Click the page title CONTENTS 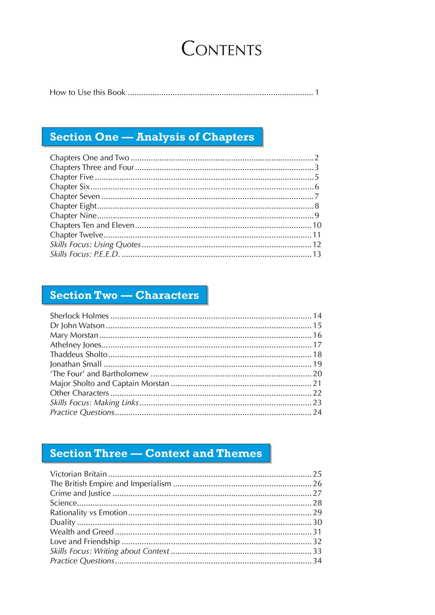tap(221, 49)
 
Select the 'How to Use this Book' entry tap(87, 92)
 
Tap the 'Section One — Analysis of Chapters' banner tap(152, 137)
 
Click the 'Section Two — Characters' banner tap(124, 295)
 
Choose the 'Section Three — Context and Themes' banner tap(156, 454)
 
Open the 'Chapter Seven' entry tap(75, 196)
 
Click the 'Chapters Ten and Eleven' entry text tap(92, 225)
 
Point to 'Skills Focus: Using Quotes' tap(96, 245)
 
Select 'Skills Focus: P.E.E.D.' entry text tap(85, 254)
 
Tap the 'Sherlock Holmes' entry tap(80, 316)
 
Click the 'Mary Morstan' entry tap(74, 335)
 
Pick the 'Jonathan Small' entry tap(76, 364)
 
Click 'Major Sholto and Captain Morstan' tap(110, 383)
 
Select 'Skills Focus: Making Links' tap(95, 402)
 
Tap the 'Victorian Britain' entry tap(79, 474)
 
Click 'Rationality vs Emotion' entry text tap(89, 512)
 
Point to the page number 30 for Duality tap(317, 522)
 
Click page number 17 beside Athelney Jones tap(317, 345)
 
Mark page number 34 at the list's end tap(317, 561)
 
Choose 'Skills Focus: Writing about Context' tap(110, 551)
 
